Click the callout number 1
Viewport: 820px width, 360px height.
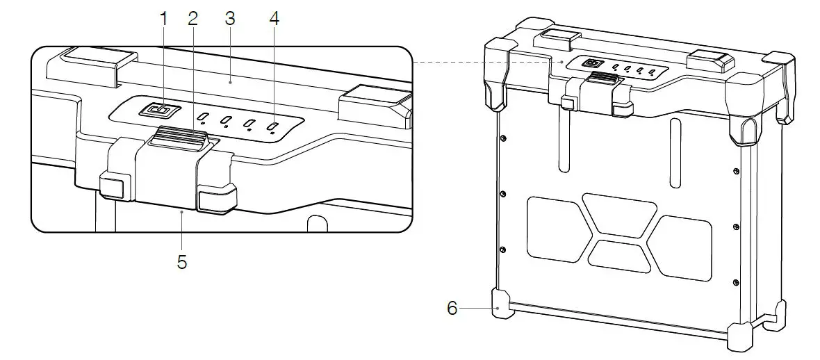pyautogui.click(x=164, y=19)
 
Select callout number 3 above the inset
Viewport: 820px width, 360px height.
pyautogui.click(x=230, y=19)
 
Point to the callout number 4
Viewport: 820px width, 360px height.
pyautogui.click(x=274, y=19)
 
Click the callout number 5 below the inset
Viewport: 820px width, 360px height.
pyautogui.click(x=182, y=263)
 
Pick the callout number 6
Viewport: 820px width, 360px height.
pyautogui.click(x=452, y=308)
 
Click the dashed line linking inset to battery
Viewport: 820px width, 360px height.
pyautogui.click(x=486, y=62)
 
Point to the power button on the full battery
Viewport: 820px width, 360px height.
pyautogui.click(x=593, y=64)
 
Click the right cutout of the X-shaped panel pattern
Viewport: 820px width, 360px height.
pyautogui.click(x=684, y=247)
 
